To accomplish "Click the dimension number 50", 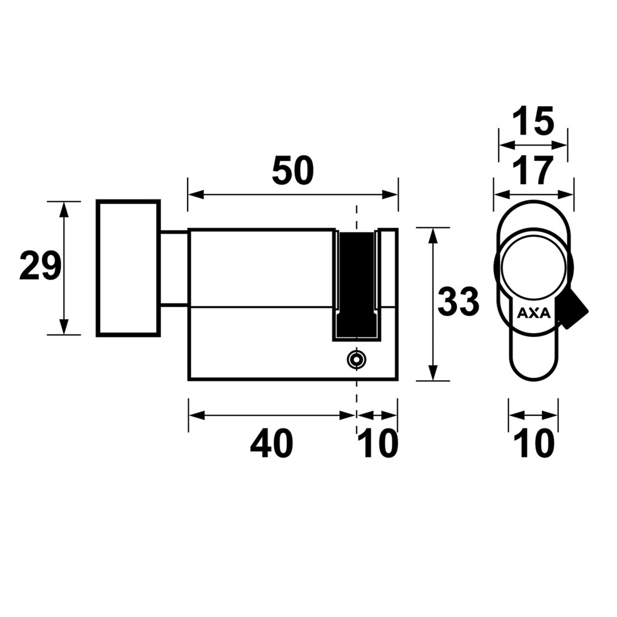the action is point(293,171).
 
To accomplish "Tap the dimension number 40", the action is point(271,444).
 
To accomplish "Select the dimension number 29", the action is point(41,267).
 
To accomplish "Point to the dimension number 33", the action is point(458,302).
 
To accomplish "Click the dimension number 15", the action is point(533,121).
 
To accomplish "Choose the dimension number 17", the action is point(533,170).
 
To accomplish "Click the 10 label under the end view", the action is point(534,444).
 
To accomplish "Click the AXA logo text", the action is point(534,313).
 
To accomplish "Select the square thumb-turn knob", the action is point(128,268).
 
